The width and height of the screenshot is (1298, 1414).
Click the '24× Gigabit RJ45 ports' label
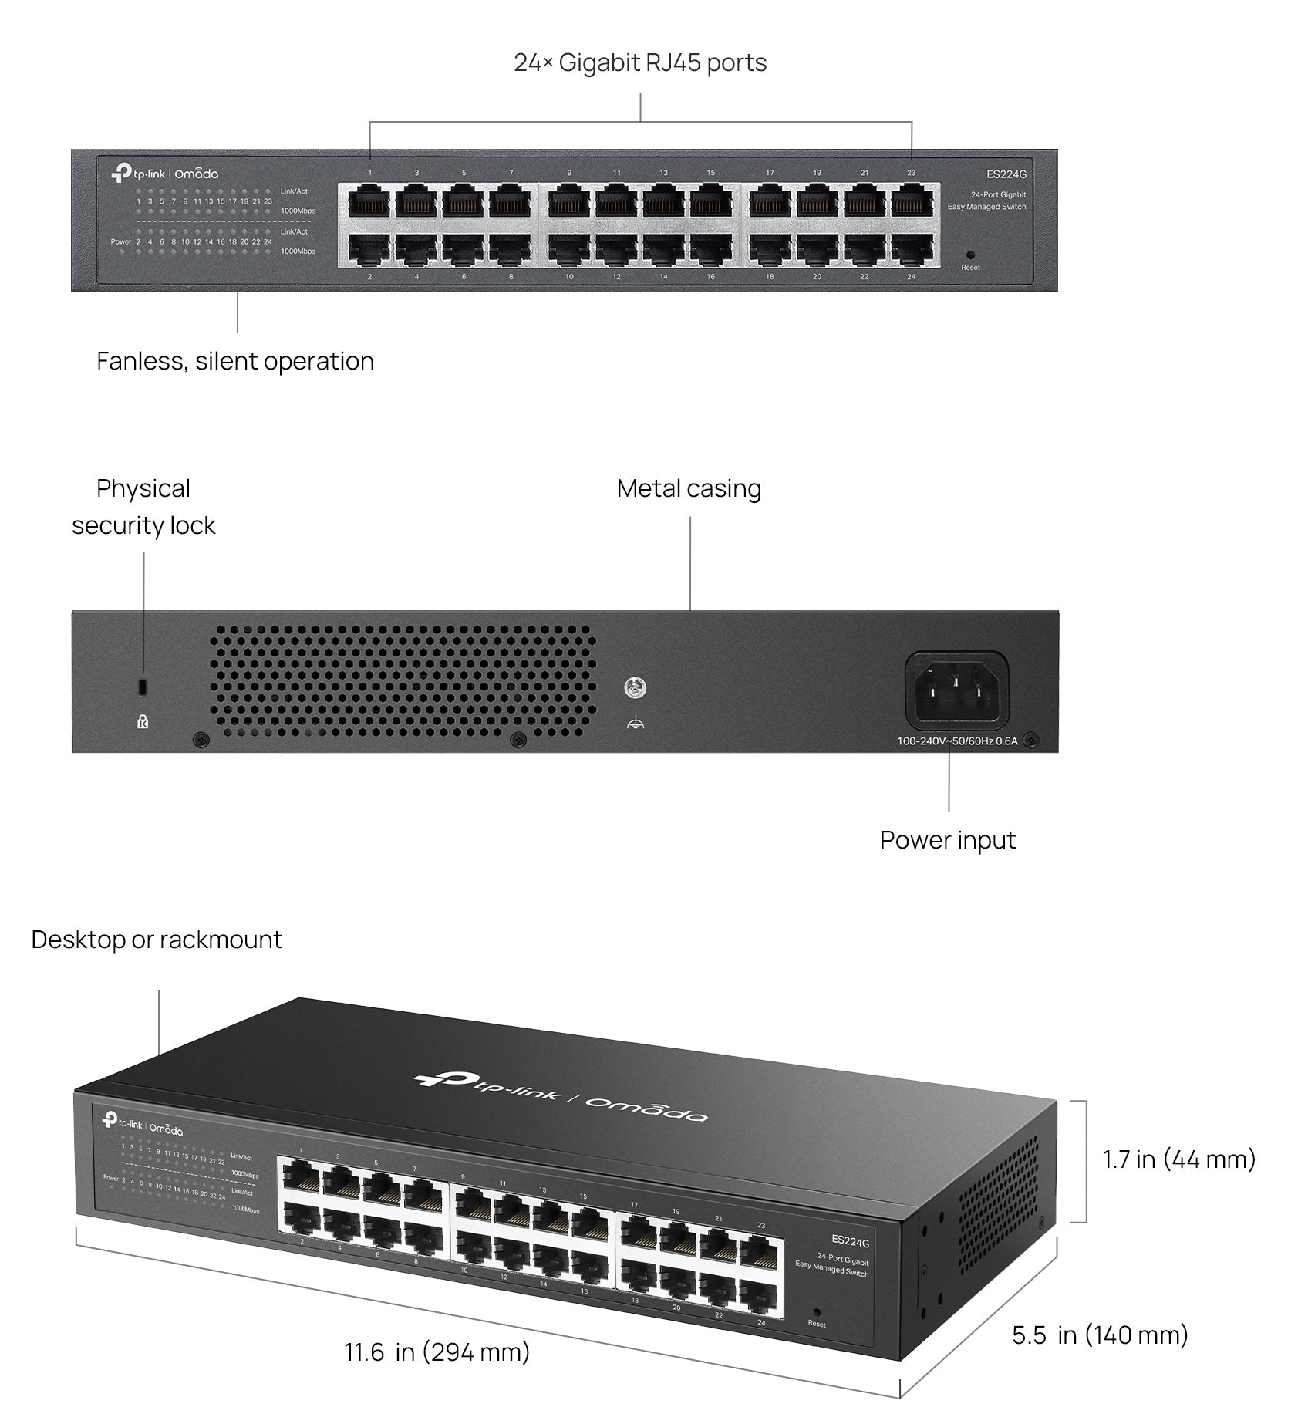640,62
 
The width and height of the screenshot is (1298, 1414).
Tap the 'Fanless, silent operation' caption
235,361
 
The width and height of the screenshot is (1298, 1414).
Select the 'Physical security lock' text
143,507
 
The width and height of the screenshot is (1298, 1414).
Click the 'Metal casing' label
689,488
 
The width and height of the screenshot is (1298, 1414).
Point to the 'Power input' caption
947,840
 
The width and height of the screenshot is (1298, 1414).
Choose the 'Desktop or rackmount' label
157,940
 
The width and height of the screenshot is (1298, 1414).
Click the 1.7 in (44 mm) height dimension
1178,1159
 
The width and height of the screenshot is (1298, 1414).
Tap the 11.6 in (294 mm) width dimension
437,1352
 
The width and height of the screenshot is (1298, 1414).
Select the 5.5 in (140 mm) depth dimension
1100,1335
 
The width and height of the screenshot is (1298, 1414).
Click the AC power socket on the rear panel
956,690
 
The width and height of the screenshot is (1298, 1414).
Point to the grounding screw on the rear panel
635,687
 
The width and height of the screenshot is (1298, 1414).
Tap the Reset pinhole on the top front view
970,255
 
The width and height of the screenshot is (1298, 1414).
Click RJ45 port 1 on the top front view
370,203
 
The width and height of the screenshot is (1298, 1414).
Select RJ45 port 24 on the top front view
911,249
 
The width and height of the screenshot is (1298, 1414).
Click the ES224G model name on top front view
1006,175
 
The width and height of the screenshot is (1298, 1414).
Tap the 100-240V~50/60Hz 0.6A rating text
956,741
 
